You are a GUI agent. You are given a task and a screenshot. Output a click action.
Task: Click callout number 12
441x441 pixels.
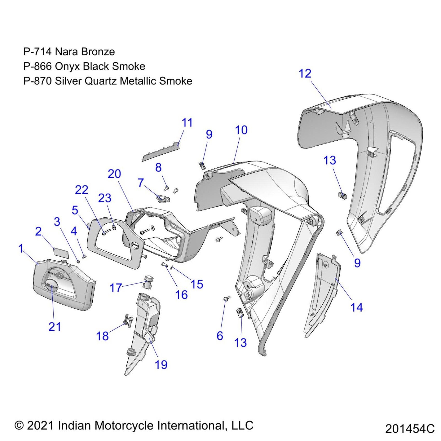point(305,74)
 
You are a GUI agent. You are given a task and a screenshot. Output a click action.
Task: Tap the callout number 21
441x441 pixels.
point(55,327)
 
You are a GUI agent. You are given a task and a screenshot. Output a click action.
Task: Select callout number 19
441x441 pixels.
point(161,364)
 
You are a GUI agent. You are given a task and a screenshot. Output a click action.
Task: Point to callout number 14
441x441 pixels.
point(356,307)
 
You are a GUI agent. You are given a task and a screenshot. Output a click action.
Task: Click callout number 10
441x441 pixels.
point(241,130)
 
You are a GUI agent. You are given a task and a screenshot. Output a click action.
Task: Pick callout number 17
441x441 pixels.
point(116,288)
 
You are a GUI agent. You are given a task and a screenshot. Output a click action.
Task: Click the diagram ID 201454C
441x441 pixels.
point(410,429)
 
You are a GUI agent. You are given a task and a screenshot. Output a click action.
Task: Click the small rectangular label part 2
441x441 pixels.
point(61,252)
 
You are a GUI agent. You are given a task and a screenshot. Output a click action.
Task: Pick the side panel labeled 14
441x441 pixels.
point(322,293)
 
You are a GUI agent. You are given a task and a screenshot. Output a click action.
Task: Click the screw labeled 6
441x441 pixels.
point(226,299)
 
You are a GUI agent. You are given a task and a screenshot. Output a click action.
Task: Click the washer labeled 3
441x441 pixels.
point(78,261)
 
